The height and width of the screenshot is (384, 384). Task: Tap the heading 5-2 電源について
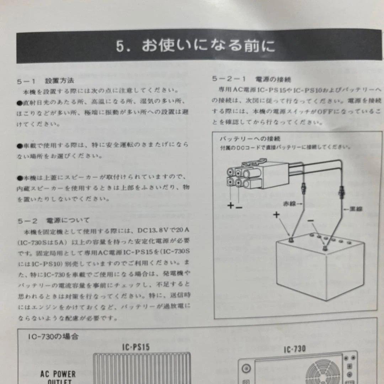coord(53,221)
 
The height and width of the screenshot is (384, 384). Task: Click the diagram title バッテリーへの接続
coord(250,138)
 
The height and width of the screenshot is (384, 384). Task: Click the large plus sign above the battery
coord(276,214)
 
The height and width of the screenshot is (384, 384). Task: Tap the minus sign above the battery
coord(310,221)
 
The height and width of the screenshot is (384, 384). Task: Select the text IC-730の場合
coord(53,336)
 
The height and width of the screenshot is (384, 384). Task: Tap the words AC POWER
coord(58,374)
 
